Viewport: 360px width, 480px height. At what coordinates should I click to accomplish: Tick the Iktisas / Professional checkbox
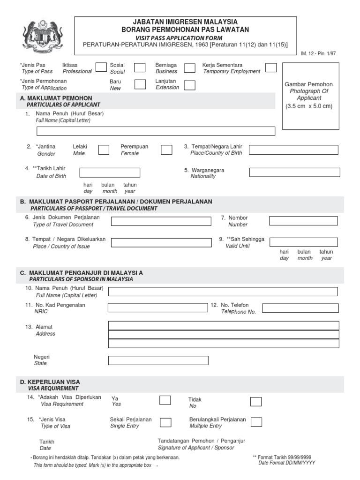coord(101,67)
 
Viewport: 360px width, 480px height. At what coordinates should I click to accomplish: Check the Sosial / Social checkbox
coord(140,67)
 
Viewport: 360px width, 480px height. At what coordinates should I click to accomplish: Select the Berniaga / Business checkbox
coord(189,68)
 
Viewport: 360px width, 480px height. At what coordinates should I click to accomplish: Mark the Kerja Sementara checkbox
coord(271,67)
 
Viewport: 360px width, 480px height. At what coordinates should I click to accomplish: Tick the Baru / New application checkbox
coord(140,84)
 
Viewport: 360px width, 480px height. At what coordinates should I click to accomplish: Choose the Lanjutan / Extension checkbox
coord(189,85)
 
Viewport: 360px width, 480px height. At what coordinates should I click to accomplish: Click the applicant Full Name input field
coord(156,131)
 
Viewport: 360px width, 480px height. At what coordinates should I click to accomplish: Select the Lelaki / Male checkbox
coord(104,150)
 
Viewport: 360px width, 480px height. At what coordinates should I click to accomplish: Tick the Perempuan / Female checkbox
coord(166,150)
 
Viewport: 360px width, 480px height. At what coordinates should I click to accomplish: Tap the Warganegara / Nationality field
coord(294,172)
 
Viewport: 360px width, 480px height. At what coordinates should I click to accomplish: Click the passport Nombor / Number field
coord(303,221)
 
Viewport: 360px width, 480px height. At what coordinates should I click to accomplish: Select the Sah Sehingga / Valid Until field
coord(303,242)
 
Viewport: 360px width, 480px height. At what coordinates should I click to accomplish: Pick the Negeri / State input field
coord(158,360)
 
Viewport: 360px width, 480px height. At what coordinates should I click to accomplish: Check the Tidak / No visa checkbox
coord(256,401)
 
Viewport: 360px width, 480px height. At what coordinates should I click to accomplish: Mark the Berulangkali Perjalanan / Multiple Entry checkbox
coord(256,422)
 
